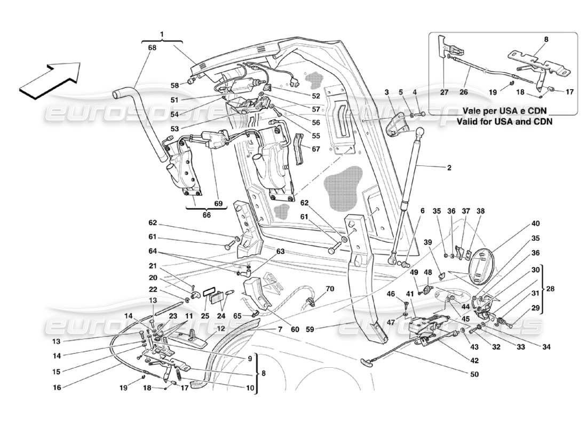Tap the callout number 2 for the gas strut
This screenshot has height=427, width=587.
449,167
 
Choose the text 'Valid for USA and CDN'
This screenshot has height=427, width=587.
504,121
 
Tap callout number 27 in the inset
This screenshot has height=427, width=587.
444,91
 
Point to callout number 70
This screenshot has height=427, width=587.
330,289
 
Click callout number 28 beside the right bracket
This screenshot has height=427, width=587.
551,289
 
